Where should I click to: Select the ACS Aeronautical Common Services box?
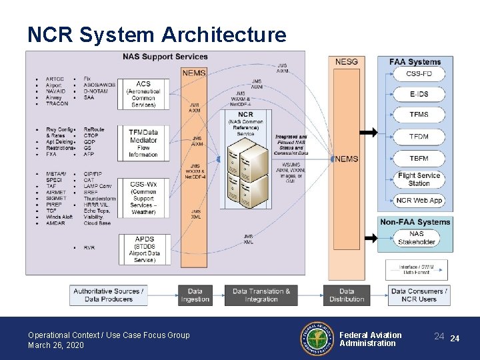pos(143,94)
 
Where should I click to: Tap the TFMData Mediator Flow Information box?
pos(143,141)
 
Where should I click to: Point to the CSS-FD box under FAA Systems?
pos(419,74)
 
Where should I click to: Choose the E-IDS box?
pos(419,95)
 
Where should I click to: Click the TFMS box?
pos(419,115)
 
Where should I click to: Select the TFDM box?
pos(419,137)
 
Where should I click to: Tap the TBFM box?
pos(419,158)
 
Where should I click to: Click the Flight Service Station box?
pos(419,179)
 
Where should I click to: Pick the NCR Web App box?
pos(419,200)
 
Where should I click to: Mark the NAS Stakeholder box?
pos(416,238)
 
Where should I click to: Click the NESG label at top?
pos(346,62)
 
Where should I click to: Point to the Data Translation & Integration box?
pos(261,295)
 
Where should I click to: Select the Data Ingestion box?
pos(195,295)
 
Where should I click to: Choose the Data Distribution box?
pos(347,295)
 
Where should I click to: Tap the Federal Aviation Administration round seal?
pos(317,339)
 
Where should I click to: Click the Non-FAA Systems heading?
pos(415,222)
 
